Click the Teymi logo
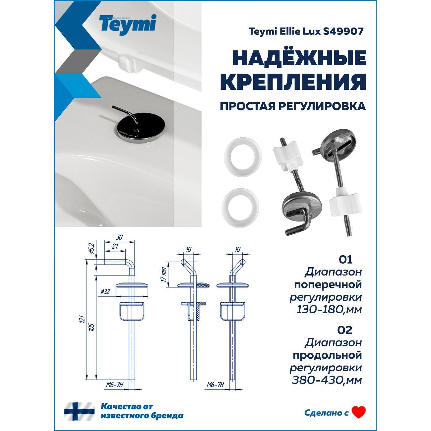click(128, 25)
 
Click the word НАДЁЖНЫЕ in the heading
click(299, 58)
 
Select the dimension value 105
click(92, 327)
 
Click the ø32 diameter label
click(105, 292)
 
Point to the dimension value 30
click(119, 237)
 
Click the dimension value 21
click(115, 246)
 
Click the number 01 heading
click(345, 260)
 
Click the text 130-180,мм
click(329, 310)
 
